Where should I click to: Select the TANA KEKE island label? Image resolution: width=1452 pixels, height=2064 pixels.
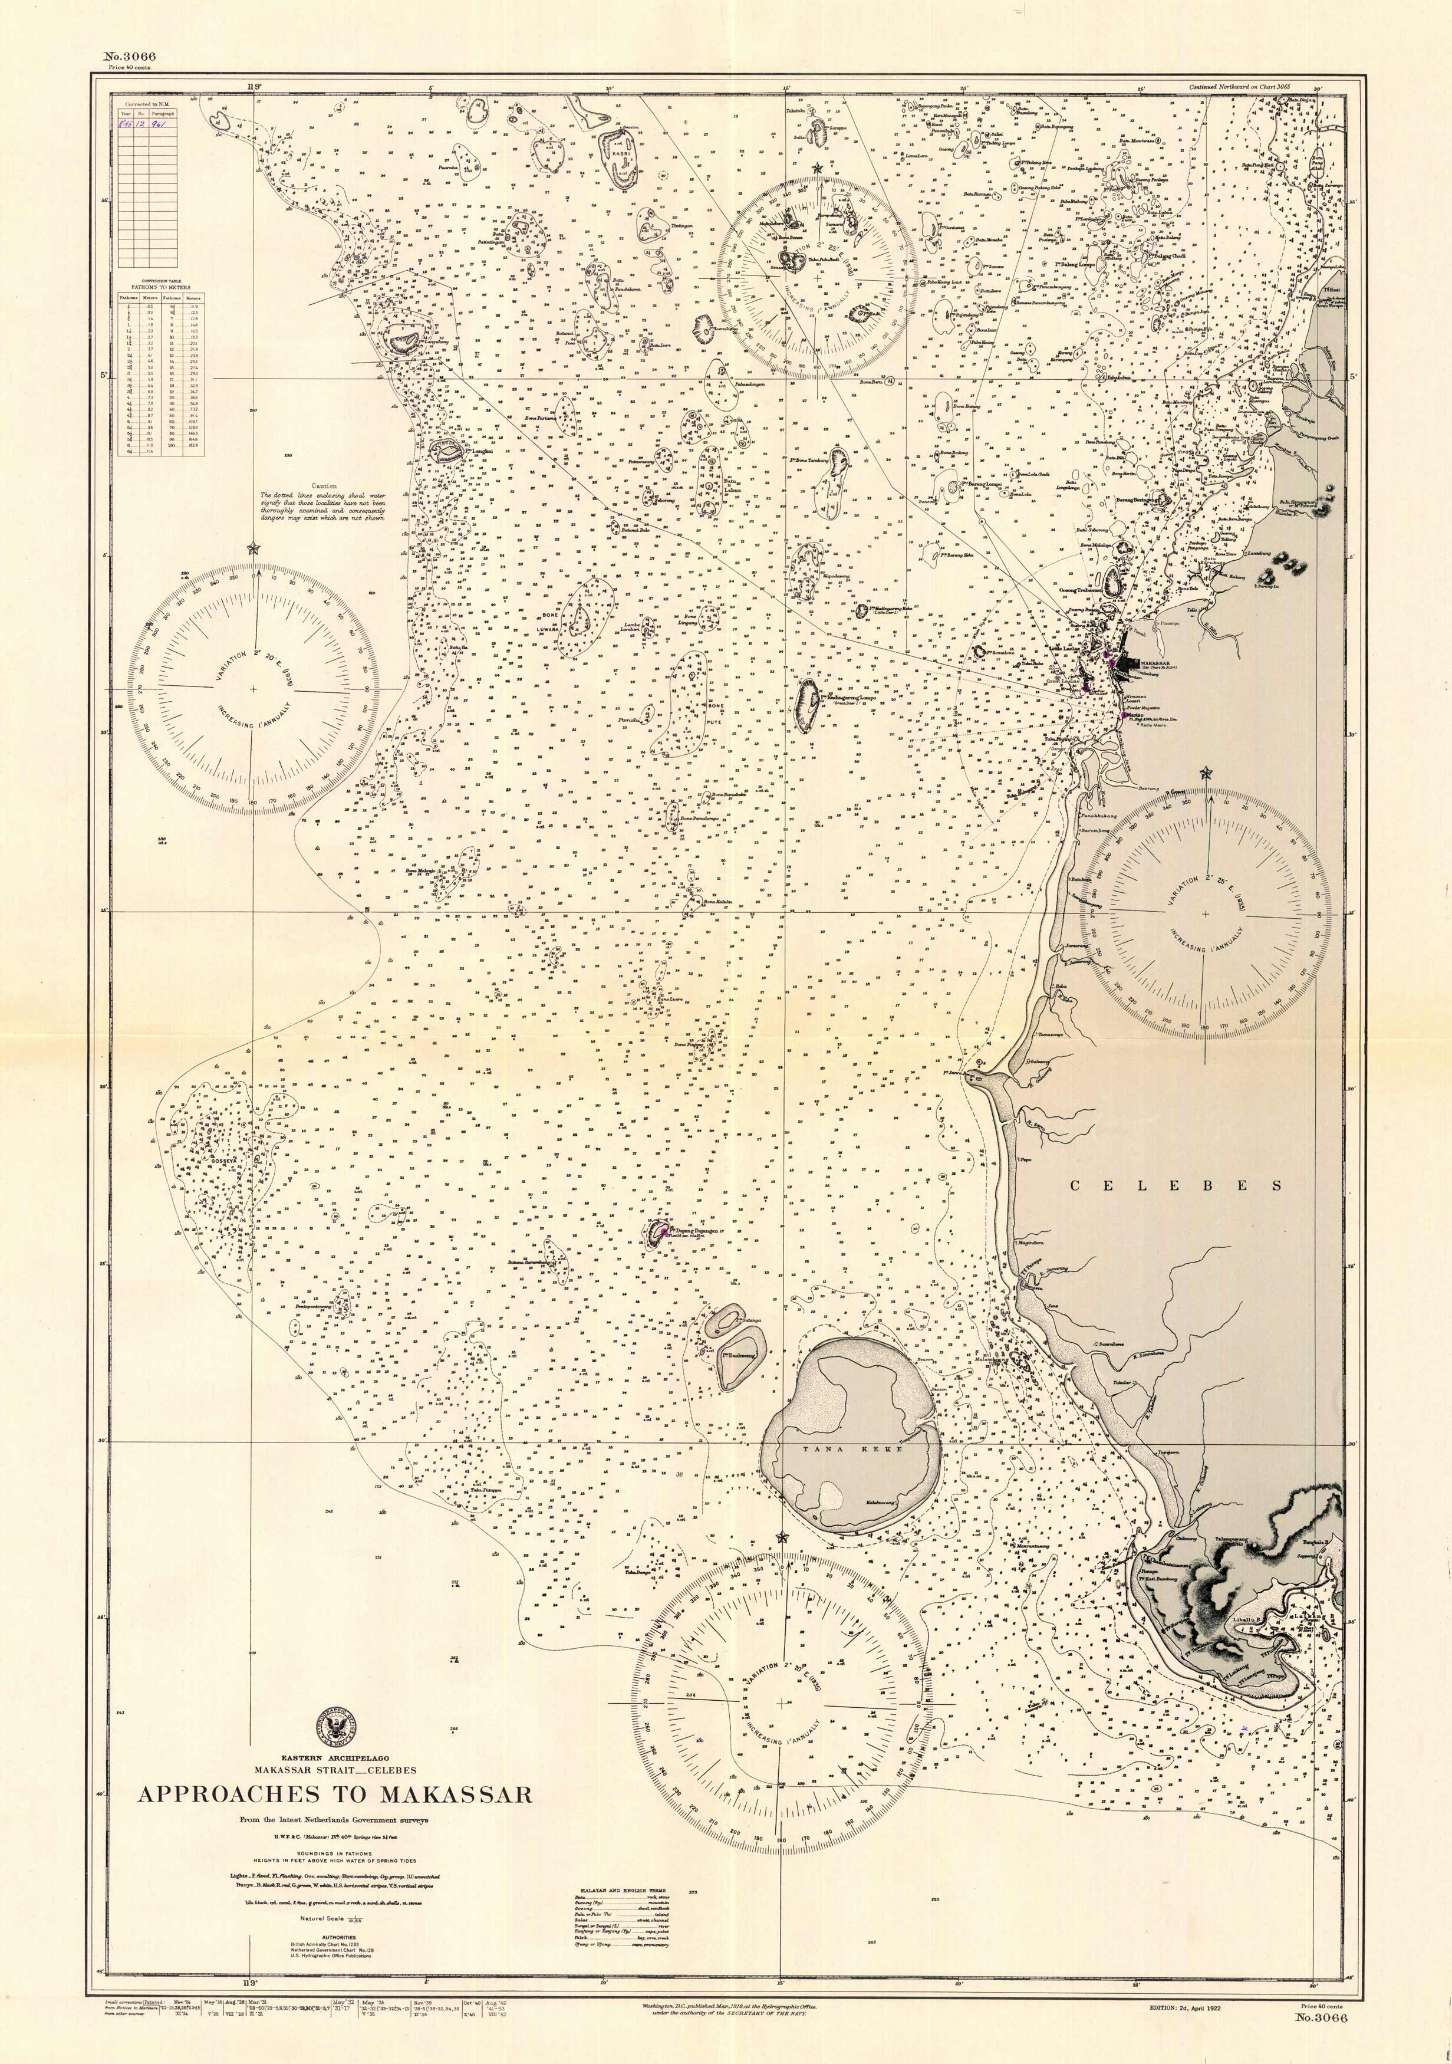coord(849,1449)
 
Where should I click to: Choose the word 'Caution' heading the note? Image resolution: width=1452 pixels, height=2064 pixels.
coord(322,485)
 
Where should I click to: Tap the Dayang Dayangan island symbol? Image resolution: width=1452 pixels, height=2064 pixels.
coord(658,1233)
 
